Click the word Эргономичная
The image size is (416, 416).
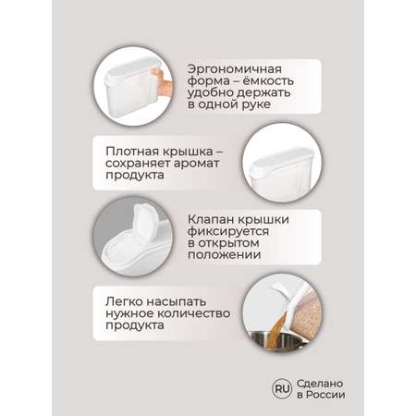point(235,69)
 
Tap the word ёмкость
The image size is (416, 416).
point(268,80)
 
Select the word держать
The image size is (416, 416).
point(263,92)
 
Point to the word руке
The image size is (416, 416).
point(256,104)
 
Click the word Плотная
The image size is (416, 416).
point(132,152)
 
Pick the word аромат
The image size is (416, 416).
point(196,164)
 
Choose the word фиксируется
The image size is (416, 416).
point(228,232)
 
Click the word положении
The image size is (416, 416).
point(225,255)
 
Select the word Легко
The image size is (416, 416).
point(124,301)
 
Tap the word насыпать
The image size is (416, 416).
point(176,302)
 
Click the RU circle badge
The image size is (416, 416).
point(282,388)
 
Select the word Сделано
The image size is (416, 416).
point(320,384)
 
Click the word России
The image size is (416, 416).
point(325,395)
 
